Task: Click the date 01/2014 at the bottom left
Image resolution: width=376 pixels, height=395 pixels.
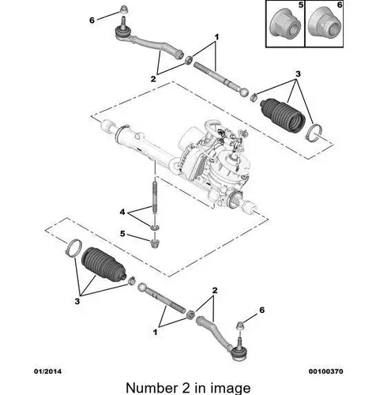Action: tap(47, 371)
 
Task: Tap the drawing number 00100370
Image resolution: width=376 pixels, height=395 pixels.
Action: tap(325, 371)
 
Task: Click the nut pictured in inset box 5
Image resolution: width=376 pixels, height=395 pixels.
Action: tap(285, 24)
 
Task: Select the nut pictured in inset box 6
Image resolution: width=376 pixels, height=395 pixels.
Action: tap(325, 24)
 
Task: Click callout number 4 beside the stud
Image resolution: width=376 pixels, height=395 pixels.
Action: tap(122, 212)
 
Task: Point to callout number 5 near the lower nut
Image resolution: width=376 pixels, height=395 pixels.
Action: tap(122, 233)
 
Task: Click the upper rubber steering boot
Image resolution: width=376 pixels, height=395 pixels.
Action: tap(283, 115)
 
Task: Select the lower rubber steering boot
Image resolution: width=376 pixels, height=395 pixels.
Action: tap(104, 264)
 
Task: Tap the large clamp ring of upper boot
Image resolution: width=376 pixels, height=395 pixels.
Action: tap(314, 133)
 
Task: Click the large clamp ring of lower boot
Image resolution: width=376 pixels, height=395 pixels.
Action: tap(73, 247)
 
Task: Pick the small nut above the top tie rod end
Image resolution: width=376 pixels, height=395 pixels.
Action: tap(122, 10)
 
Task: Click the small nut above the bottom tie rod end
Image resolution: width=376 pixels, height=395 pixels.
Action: tap(240, 326)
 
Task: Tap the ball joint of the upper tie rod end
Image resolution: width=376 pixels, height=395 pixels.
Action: tap(122, 32)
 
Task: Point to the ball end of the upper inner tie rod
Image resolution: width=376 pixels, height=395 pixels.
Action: tap(244, 92)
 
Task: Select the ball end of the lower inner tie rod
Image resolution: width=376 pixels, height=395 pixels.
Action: tap(142, 287)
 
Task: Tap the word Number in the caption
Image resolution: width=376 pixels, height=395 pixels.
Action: tap(152, 388)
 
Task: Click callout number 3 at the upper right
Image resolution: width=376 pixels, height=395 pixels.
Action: tap(298, 74)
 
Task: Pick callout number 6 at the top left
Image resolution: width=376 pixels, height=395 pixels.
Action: tap(92, 20)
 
